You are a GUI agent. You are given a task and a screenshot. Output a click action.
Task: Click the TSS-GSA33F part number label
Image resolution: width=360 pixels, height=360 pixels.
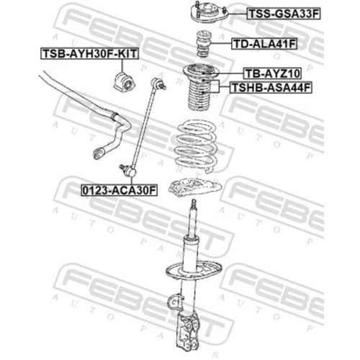point(284,14)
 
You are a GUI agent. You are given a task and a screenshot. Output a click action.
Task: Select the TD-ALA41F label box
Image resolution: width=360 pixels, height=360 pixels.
point(264,44)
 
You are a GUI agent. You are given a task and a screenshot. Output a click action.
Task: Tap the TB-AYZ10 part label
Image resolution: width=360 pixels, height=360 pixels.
point(272,73)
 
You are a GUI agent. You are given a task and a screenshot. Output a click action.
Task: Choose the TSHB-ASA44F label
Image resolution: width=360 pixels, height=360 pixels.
point(271,87)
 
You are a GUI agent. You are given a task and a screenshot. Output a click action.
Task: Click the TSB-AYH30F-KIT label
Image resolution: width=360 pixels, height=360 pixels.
point(89,53)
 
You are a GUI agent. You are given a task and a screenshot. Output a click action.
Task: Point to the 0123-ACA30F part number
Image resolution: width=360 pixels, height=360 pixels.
point(119,190)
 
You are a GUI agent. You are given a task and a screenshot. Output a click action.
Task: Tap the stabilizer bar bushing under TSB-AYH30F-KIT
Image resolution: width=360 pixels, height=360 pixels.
point(124,82)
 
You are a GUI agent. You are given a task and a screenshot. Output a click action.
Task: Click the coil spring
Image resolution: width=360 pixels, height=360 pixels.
point(197,146)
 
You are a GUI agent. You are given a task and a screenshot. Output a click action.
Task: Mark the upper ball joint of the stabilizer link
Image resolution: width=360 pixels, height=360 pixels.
point(158,84)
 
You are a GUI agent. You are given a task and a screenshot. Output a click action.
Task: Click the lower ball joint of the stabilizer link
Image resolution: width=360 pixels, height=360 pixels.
point(128,170)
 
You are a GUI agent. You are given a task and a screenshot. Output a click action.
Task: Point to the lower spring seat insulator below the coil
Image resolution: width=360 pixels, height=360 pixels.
point(195,187)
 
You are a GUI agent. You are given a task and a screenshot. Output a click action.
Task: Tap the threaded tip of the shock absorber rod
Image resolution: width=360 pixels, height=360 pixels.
point(194,204)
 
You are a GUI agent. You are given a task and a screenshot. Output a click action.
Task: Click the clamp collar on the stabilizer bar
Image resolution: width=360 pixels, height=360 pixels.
point(115,117)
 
